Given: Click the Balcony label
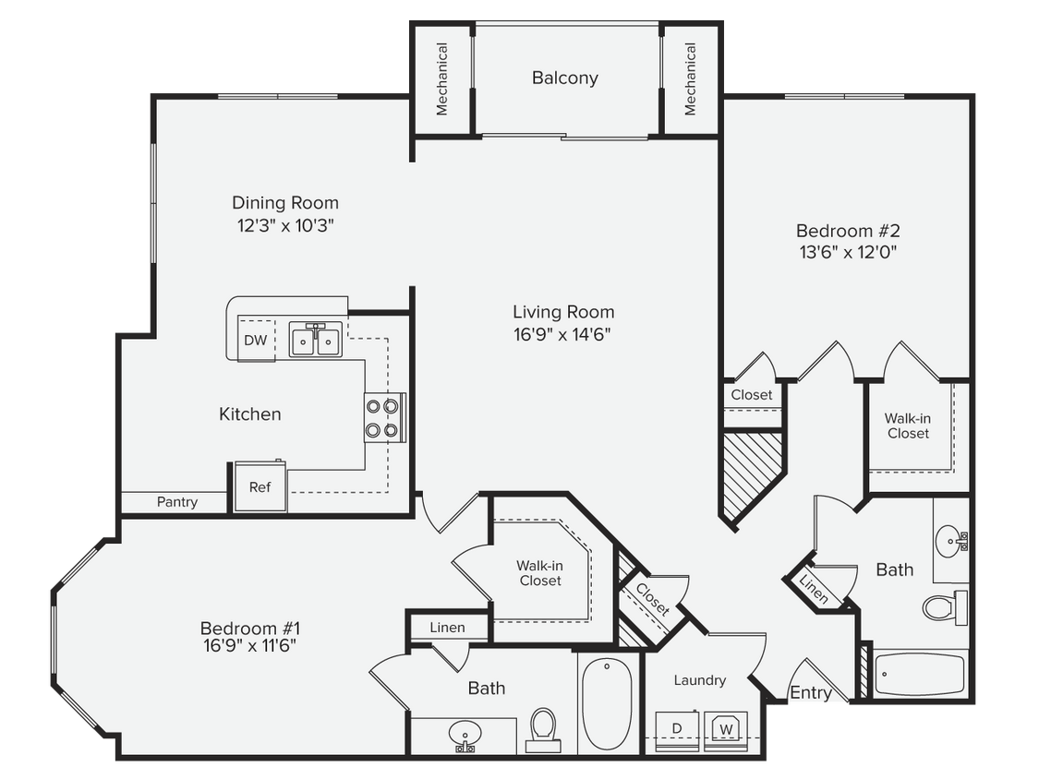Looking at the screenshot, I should click(564, 78).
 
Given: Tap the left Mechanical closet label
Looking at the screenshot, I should click(441, 79).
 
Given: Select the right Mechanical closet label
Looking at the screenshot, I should click(690, 79).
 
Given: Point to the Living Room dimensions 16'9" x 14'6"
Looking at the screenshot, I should click(563, 334).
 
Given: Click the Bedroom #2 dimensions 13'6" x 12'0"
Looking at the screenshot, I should click(847, 251).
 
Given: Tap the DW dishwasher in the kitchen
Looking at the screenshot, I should click(256, 340).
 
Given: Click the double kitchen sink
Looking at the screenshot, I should click(315, 341).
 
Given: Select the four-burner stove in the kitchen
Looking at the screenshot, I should click(384, 418).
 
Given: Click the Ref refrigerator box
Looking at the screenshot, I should click(260, 486).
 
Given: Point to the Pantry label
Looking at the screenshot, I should click(176, 502).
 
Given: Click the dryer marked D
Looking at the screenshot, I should click(676, 727).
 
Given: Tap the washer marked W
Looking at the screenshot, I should click(726, 727).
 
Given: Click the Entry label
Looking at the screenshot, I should click(811, 693).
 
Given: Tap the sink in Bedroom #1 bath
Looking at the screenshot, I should click(466, 735).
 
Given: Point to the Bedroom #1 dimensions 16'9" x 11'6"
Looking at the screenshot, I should click(249, 637).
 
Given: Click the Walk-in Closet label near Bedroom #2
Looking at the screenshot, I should click(908, 425).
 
